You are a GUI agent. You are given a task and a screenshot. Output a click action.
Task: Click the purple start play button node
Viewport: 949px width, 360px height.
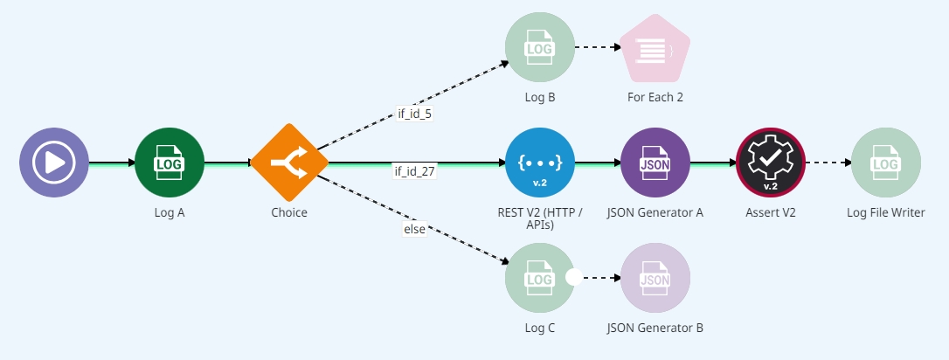54,162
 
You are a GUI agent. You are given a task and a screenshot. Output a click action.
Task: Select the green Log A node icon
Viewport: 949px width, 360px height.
169,162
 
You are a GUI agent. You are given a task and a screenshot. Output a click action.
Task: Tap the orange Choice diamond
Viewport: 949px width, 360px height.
289,162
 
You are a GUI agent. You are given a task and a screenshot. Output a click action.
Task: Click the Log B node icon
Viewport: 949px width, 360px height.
540,48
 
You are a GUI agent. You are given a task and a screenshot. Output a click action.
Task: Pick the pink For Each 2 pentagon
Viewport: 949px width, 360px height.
655,49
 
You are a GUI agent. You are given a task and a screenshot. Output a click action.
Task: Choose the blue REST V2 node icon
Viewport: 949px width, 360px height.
540,163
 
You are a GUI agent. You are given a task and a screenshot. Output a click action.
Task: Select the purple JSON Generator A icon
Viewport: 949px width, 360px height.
655,163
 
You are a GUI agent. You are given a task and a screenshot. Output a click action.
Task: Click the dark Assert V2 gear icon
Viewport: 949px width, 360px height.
771,163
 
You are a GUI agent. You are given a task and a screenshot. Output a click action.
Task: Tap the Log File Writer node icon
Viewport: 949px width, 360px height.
885,163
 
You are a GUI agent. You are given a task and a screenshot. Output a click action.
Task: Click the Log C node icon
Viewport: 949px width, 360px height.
538,278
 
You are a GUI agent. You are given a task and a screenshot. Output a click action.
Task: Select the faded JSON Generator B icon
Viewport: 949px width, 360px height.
655,278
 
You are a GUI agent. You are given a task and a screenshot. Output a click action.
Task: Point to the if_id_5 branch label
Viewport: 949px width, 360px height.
414,114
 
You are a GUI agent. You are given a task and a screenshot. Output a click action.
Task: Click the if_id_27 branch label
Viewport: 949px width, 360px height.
414,170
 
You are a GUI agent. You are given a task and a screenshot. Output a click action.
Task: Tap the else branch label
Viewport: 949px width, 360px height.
414,229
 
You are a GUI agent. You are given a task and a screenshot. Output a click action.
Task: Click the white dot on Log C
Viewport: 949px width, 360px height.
574,278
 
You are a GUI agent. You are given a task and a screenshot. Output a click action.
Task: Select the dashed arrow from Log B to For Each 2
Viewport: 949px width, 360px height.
597,48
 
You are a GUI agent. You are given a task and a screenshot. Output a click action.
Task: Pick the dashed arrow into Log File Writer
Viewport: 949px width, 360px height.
827,163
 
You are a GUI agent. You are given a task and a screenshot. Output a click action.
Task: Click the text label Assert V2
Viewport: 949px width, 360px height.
770,212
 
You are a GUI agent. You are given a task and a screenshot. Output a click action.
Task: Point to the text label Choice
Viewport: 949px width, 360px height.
289,212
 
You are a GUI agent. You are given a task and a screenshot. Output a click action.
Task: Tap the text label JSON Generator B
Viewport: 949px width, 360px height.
655,328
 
